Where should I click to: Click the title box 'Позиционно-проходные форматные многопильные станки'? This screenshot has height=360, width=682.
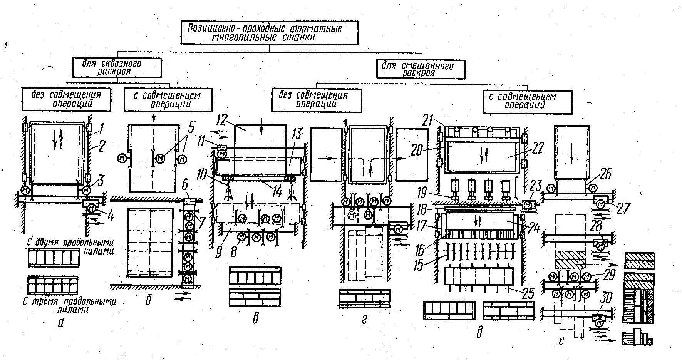(x=269, y=33)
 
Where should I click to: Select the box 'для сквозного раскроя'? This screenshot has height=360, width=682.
(x=117, y=68)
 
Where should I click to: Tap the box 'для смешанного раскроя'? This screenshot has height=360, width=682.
(x=423, y=69)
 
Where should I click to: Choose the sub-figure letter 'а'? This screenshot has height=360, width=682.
(x=60, y=323)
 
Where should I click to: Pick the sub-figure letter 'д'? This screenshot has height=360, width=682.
(x=479, y=332)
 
